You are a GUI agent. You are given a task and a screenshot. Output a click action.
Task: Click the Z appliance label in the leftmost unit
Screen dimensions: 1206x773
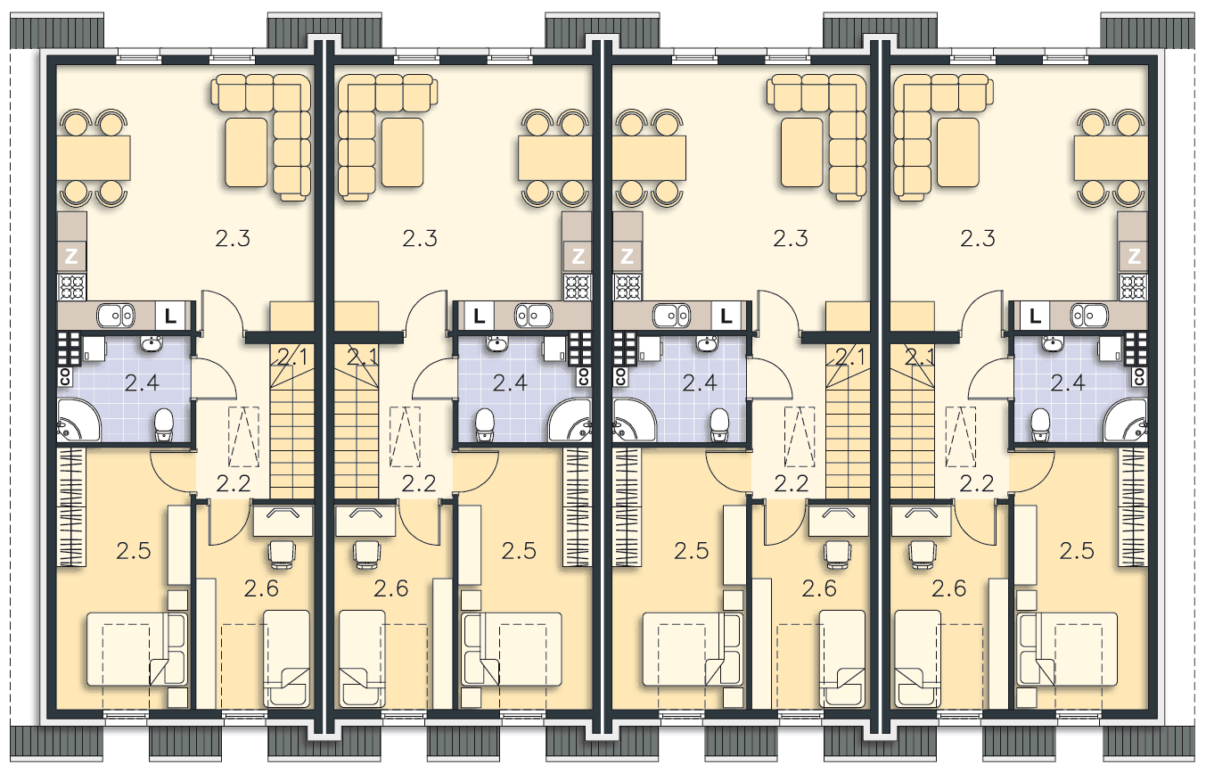coord(71,257)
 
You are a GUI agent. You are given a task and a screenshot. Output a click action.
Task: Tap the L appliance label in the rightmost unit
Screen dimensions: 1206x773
coord(1035,317)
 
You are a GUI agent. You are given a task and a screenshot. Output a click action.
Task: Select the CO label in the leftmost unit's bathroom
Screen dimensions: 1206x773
coord(64,377)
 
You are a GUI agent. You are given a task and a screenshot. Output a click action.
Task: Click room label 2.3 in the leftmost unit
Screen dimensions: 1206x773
coord(233,238)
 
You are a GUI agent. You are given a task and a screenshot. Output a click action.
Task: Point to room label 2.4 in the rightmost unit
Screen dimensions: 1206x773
coord(1068,383)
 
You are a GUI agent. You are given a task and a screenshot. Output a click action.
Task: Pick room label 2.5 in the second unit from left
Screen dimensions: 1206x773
coord(519,551)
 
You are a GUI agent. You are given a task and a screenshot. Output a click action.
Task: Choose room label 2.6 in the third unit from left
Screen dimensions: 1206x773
coord(819,588)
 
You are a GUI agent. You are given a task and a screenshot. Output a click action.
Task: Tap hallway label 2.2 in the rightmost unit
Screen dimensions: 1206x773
coord(977,483)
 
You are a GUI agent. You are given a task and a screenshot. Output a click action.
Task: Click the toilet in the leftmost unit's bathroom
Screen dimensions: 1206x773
coord(164,424)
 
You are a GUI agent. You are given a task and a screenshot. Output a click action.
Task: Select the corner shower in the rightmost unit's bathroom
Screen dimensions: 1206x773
coord(1126,420)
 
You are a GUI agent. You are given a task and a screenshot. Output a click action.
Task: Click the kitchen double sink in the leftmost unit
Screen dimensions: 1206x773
coord(116,316)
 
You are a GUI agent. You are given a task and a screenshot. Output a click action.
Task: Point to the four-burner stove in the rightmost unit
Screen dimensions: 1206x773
coord(1133,287)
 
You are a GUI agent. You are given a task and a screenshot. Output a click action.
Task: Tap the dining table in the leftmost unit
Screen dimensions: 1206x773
coord(94,159)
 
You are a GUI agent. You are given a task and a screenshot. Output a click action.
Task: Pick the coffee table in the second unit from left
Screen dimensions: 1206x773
coord(403,152)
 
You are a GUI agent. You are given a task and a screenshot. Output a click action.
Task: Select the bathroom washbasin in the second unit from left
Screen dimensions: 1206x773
coord(495,343)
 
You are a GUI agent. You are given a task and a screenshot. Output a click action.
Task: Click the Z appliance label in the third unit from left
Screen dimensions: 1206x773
coord(627,257)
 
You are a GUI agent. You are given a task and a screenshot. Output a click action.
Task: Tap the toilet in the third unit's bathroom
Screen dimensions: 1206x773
coord(720,424)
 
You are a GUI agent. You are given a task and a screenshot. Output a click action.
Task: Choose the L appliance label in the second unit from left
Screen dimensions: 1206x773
coord(480,317)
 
